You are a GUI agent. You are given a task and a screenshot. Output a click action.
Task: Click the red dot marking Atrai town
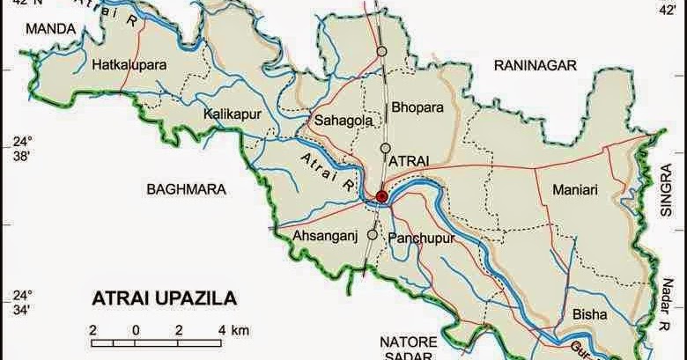(381, 196)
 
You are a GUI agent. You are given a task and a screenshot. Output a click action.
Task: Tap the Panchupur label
(419, 238)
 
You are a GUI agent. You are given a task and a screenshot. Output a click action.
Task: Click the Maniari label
(575, 188)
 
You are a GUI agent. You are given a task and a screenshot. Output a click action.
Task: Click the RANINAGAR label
(534, 65)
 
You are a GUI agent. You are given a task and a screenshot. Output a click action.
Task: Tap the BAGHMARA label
(187, 188)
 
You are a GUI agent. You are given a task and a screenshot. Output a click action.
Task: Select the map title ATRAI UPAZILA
(165, 298)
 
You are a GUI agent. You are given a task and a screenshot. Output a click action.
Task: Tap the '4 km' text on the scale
(233, 329)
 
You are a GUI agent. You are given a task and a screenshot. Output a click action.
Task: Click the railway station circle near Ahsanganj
(373, 235)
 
